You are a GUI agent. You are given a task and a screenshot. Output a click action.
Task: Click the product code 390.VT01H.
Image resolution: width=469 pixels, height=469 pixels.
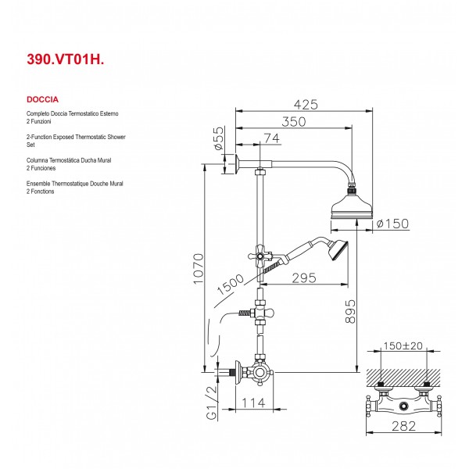click(66, 59)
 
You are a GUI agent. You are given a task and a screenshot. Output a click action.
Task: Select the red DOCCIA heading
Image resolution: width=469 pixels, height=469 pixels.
click(42, 99)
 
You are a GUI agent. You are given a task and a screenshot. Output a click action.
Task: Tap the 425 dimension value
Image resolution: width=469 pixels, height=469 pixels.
click(306, 105)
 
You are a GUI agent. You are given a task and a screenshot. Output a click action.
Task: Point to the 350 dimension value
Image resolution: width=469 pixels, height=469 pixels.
click(294, 122)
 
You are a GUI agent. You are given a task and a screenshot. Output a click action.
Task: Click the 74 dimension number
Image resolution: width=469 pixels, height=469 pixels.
click(272, 138)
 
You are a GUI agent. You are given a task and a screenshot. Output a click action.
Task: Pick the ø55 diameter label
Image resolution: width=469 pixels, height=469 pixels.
click(219, 138)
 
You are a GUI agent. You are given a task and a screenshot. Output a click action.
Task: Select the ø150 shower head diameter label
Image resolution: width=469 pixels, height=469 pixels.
click(392, 224)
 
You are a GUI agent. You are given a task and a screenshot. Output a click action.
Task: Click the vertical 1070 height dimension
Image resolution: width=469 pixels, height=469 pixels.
click(199, 269)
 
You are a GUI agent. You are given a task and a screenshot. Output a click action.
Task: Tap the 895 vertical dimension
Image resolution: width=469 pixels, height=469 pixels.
click(350, 312)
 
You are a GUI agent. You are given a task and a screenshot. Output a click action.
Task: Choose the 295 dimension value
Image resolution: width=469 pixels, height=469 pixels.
click(304, 278)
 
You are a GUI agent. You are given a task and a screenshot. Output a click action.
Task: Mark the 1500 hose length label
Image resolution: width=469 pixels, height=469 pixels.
click(230, 285)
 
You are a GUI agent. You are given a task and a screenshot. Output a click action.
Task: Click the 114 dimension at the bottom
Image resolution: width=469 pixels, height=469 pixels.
click(253, 403)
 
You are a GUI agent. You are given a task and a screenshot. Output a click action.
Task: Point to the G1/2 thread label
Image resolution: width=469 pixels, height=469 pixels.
click(212, 403)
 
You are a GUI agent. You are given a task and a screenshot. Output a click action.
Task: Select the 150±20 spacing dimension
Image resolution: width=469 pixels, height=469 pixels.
click(403, 346)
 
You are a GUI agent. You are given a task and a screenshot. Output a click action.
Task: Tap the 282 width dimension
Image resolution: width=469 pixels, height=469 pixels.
click(404, 426)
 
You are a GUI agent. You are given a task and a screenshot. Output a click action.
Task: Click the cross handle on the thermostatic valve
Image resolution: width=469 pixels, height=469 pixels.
click(259, 373)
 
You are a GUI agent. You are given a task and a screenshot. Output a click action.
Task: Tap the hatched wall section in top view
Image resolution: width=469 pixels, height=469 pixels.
click(404, 378)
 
